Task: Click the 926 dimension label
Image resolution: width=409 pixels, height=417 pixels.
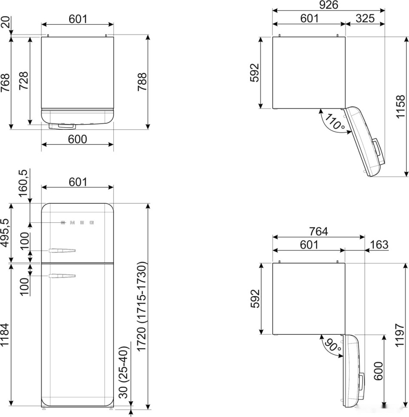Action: (x=329, y=5)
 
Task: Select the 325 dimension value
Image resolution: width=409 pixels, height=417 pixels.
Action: (x=365, y=18)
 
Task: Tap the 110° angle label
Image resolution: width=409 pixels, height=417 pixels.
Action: (x=335, y=122)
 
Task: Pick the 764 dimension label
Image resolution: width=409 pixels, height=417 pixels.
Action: (x=318, y=231)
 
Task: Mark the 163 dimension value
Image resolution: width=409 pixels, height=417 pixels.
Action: (x=378, y=245)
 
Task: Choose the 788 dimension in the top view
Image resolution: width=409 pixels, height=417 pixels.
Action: (x=142, y=82)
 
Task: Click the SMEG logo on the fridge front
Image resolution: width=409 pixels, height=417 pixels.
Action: (x=77, y=223)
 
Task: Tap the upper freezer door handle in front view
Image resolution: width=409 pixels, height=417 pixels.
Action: (x=62, y=250)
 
